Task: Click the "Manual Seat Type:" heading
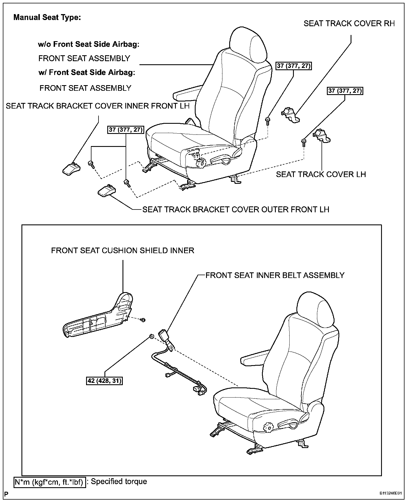(x=47, y=17)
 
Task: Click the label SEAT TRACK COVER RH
(x=349, y=23)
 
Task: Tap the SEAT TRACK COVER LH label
(x=321, y=174)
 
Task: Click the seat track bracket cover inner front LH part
(x=71, y=169)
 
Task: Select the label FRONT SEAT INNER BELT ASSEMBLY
(x=275, y=275)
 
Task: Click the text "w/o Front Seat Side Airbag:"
(x=89, y=44)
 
